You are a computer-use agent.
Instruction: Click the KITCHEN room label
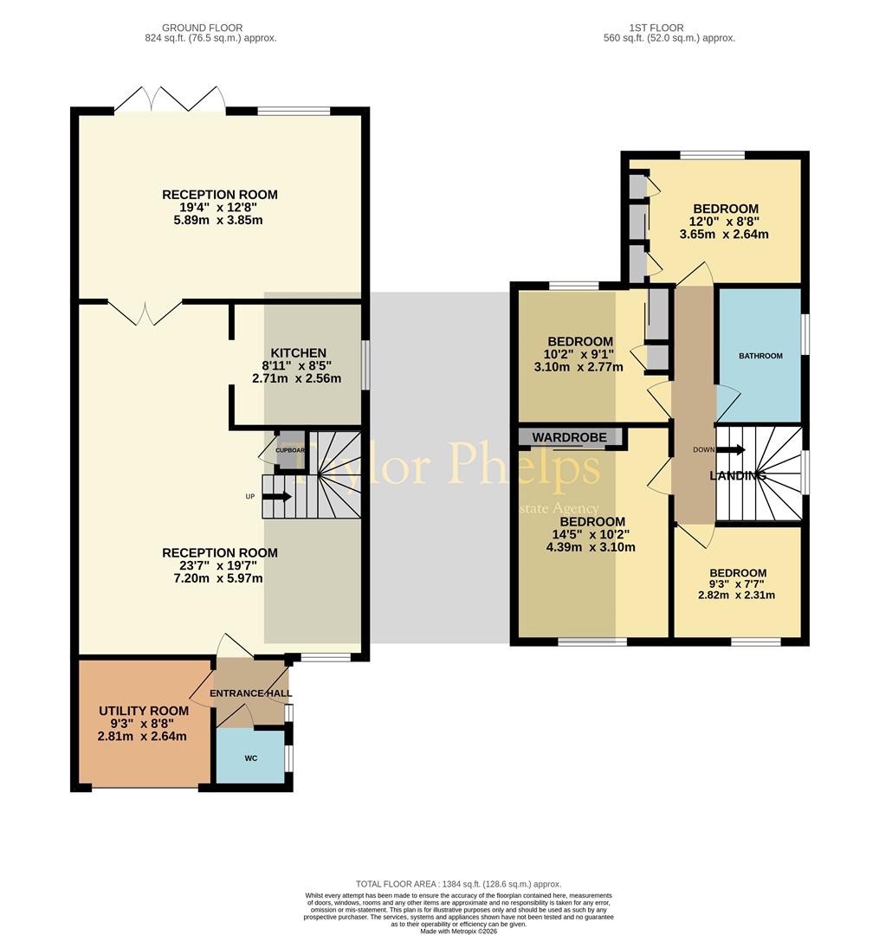point(299,352)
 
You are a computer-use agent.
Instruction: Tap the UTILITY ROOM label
point(143,711)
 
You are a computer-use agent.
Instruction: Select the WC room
point(251,758)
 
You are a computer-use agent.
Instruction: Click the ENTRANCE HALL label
point(250,693)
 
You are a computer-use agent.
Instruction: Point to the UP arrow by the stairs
point(277,497)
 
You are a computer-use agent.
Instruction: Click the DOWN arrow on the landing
point(729,449)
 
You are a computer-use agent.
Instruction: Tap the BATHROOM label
point(760,356)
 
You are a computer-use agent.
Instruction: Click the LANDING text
point(738,476)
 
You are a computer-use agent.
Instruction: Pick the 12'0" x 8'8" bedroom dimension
point(725,222)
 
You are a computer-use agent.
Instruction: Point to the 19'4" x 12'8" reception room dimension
point(220,208)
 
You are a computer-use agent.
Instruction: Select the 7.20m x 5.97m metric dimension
point(220,578)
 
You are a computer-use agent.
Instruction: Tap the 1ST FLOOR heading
point(669,28)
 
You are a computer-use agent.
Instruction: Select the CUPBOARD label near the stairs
point(289,450)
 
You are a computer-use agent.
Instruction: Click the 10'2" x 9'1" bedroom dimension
point(580,354)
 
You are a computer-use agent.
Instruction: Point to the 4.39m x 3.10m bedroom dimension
point(592,547)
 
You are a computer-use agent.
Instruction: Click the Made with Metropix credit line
point(459,931)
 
